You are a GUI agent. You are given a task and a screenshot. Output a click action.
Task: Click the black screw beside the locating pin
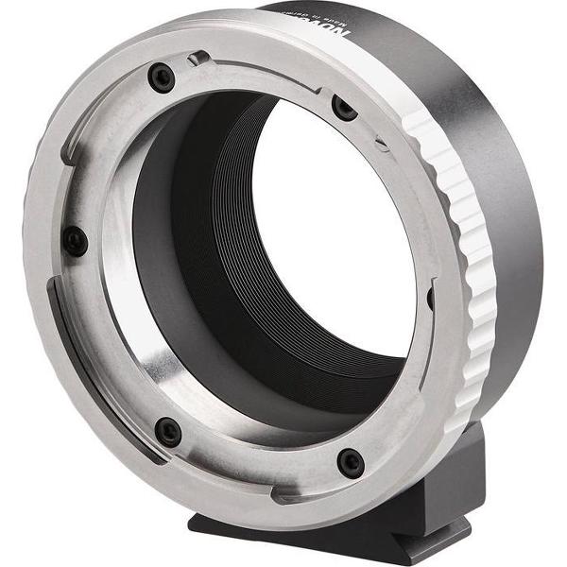click(x=162, y=77)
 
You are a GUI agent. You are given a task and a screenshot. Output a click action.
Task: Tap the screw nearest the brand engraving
click(x=345, y=108)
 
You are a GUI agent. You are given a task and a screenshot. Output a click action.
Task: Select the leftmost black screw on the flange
click(x=76, y=240)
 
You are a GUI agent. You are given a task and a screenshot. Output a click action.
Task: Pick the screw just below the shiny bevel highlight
click(x=168, y=432)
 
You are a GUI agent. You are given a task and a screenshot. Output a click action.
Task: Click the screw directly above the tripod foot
click(x=351, y=462)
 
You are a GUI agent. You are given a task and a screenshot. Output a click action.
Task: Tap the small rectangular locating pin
click(x=198, y=60)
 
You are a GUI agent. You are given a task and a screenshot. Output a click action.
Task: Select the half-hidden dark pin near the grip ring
click(x=430, y=298)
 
